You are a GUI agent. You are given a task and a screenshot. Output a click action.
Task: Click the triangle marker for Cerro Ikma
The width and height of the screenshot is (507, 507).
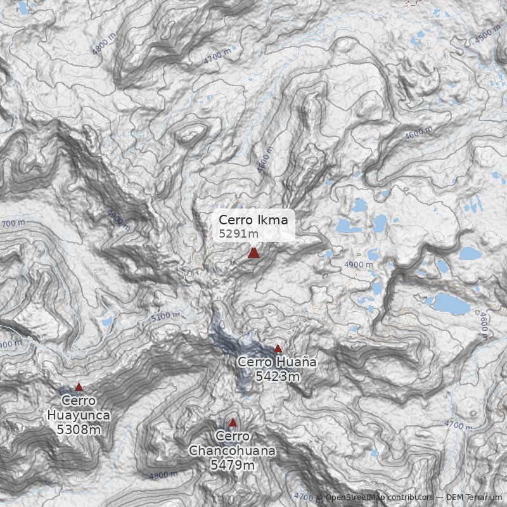click(253, 253)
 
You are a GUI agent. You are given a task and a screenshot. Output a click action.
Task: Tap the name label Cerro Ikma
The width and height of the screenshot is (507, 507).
click(253, 220)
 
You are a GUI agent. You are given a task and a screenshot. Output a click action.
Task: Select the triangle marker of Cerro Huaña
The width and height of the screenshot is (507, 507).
click(278, 348)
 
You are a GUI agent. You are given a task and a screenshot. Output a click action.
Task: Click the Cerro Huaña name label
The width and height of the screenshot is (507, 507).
click(276, 362)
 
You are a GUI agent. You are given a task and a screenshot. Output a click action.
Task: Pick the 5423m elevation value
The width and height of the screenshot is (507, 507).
click(277, 376)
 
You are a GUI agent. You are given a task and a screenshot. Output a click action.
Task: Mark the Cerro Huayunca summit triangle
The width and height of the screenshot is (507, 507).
click(79, 387)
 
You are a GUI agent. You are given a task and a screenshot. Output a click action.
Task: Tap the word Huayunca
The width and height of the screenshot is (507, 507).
click(79, 416)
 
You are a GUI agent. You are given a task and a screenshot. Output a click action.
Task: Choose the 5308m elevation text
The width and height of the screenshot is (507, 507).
click(79, 430)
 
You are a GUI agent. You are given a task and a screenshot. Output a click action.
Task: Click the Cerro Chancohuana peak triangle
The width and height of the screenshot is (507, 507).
click(233, 422)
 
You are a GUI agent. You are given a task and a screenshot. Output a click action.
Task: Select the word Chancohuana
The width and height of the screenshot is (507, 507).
click(233, 451)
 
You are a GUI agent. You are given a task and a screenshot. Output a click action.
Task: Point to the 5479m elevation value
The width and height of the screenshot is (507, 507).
click(233, 465)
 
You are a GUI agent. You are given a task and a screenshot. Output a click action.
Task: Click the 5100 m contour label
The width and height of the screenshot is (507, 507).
click(165, 315)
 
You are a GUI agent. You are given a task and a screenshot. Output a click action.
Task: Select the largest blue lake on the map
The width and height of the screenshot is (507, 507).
click(451, 304)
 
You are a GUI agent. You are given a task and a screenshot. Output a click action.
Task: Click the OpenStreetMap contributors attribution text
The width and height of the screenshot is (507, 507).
click(378, 498)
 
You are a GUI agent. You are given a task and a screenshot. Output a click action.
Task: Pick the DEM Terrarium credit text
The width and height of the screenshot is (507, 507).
click(473, 498)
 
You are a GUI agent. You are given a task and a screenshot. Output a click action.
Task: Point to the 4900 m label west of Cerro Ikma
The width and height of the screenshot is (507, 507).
click(119, 219)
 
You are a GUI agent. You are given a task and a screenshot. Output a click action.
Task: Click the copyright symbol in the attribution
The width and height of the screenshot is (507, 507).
click(319, 498)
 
